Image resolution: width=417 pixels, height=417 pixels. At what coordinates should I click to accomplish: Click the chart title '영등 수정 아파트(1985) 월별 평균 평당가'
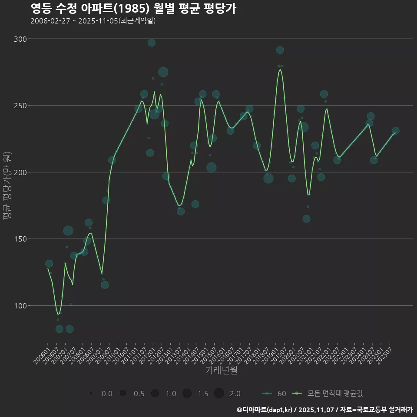point(133,9)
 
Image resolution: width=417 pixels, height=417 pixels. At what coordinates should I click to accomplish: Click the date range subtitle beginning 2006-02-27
point(93,21)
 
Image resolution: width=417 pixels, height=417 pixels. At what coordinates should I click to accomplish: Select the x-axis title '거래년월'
point(221,371)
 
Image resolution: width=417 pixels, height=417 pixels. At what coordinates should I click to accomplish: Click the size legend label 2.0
point(235,394)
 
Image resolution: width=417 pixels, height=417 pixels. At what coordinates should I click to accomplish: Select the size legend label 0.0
point(107,394)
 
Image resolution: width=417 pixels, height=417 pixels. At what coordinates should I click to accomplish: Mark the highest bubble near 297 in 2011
point(152,43)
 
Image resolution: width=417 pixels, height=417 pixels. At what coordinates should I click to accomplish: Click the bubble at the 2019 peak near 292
point(280,50)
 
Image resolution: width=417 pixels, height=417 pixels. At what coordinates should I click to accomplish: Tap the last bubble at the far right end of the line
point(395,131)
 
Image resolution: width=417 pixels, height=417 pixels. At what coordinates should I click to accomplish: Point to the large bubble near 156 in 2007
point(68,231)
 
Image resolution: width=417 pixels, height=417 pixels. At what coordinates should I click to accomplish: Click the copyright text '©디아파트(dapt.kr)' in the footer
point(265,410)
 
